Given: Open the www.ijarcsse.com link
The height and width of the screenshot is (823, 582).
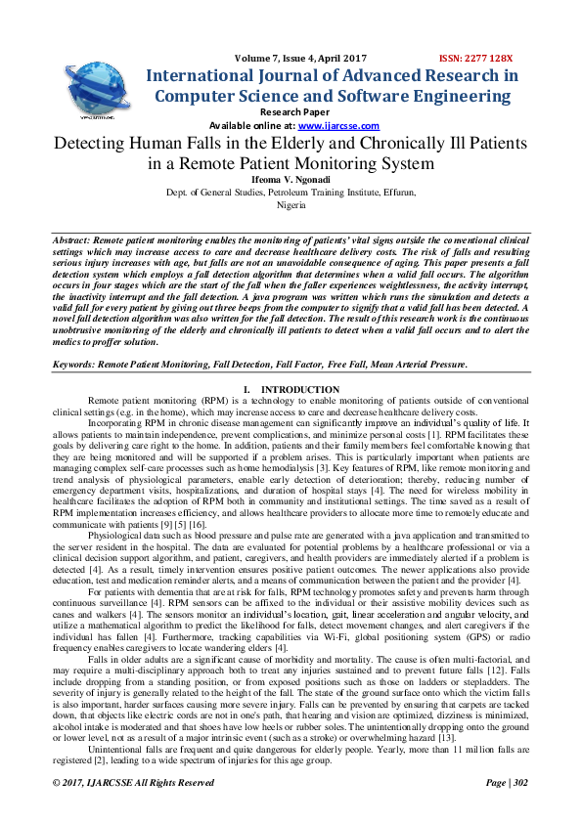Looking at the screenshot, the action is [x=338, y=126].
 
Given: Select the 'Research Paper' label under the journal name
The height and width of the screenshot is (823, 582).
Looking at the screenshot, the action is [x=290, y=112].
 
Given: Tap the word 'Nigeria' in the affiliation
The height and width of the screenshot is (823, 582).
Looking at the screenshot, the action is [x=291, y=206].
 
